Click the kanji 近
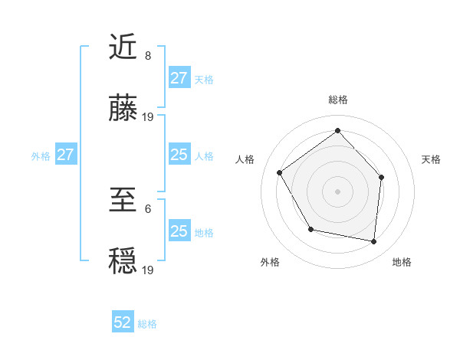(124, 47)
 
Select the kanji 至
(124, 201)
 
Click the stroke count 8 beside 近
(147, 56)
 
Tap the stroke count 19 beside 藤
(148, 117)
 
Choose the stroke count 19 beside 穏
(148, 270)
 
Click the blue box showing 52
(123, 322)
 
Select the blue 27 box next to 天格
(179, 78)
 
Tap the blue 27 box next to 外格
(65, 155)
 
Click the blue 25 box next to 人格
(179, 155)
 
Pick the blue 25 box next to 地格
(179, 231)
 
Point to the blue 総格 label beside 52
(147, 324)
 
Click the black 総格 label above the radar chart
(337, 100)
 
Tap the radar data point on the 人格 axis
(280, 172)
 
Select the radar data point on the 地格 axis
(373, 241)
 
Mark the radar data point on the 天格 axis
(382, 177)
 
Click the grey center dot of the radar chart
(337, 191)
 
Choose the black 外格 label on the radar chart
(270, 262)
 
